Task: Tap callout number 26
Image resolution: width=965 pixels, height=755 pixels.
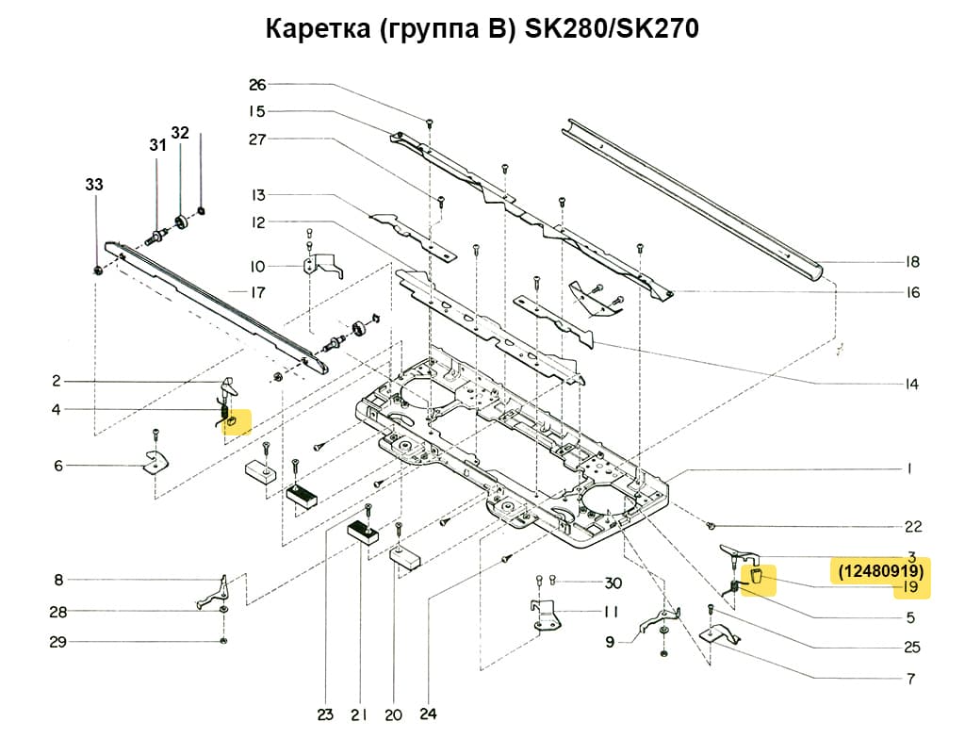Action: coord(257,85)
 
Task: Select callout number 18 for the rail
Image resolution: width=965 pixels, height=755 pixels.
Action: coord(910,262)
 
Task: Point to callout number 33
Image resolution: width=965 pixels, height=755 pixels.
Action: coord(94,186)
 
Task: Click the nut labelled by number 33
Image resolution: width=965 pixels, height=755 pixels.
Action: coord(98,271)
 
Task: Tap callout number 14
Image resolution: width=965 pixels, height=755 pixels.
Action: coord(910,384)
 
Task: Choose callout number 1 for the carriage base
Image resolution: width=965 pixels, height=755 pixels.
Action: coord(911,468)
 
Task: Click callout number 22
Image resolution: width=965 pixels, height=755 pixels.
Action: coord(911,526)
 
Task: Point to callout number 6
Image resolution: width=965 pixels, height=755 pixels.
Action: coord(57,466)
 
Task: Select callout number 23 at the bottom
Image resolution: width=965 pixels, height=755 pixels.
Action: coord(325,715)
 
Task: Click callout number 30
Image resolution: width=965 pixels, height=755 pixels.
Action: coord(613,582)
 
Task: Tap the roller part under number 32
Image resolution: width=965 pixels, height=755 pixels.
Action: coord(181,225)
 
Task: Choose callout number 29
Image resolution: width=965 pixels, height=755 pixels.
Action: coord(57,643)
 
